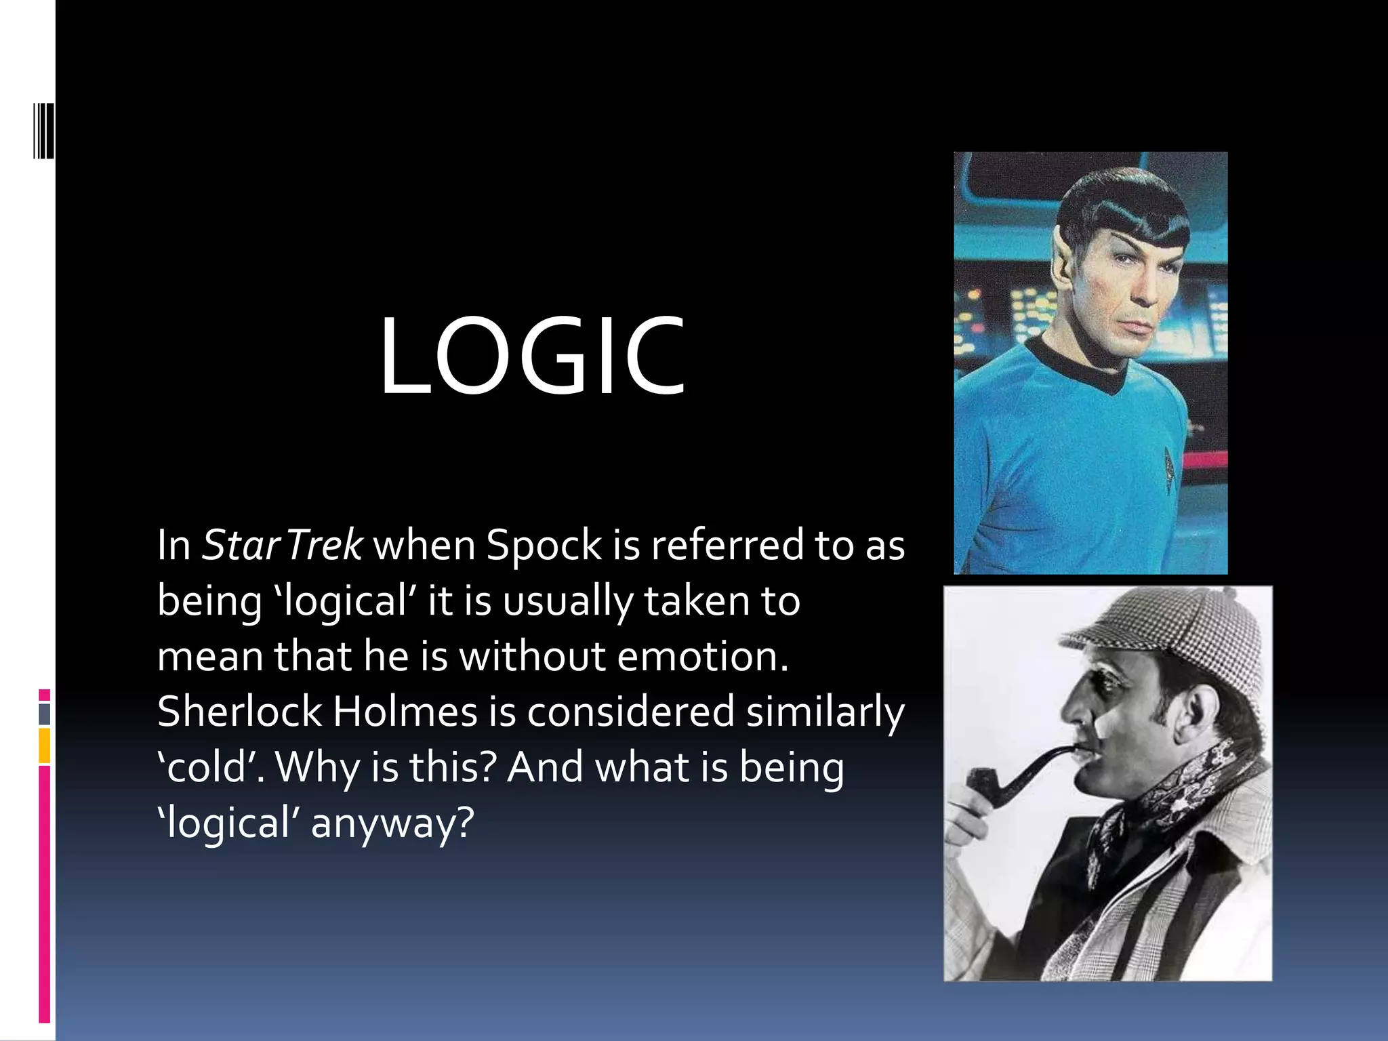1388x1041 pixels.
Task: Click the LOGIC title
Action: (532, 356)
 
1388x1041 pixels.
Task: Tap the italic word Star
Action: (241, 545)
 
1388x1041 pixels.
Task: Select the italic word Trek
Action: (324, 545)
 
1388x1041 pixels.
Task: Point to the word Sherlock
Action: (239, 712)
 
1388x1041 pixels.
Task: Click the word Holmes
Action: (405, 712)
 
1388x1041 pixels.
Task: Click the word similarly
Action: (825, 712)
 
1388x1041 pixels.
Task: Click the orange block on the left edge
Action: (45, 746)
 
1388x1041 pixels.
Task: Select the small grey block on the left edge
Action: (45, 714)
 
